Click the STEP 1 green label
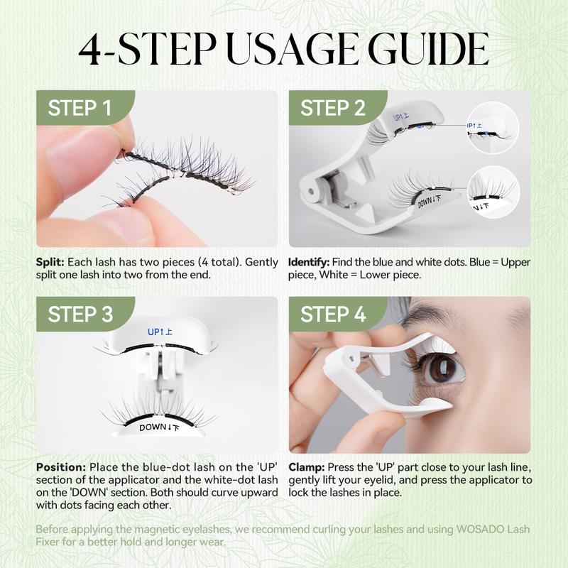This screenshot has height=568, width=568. click(80, 108)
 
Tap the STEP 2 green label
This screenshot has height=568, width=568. click(332, 108)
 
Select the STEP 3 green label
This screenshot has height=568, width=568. click(80, 315)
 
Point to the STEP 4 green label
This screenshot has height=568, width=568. click(332, 315)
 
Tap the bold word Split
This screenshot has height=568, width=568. click(49, 263)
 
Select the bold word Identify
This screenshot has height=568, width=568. click(307, 263)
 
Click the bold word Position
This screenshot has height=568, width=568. click(60, 467)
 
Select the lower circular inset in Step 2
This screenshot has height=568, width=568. click(488, 192)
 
